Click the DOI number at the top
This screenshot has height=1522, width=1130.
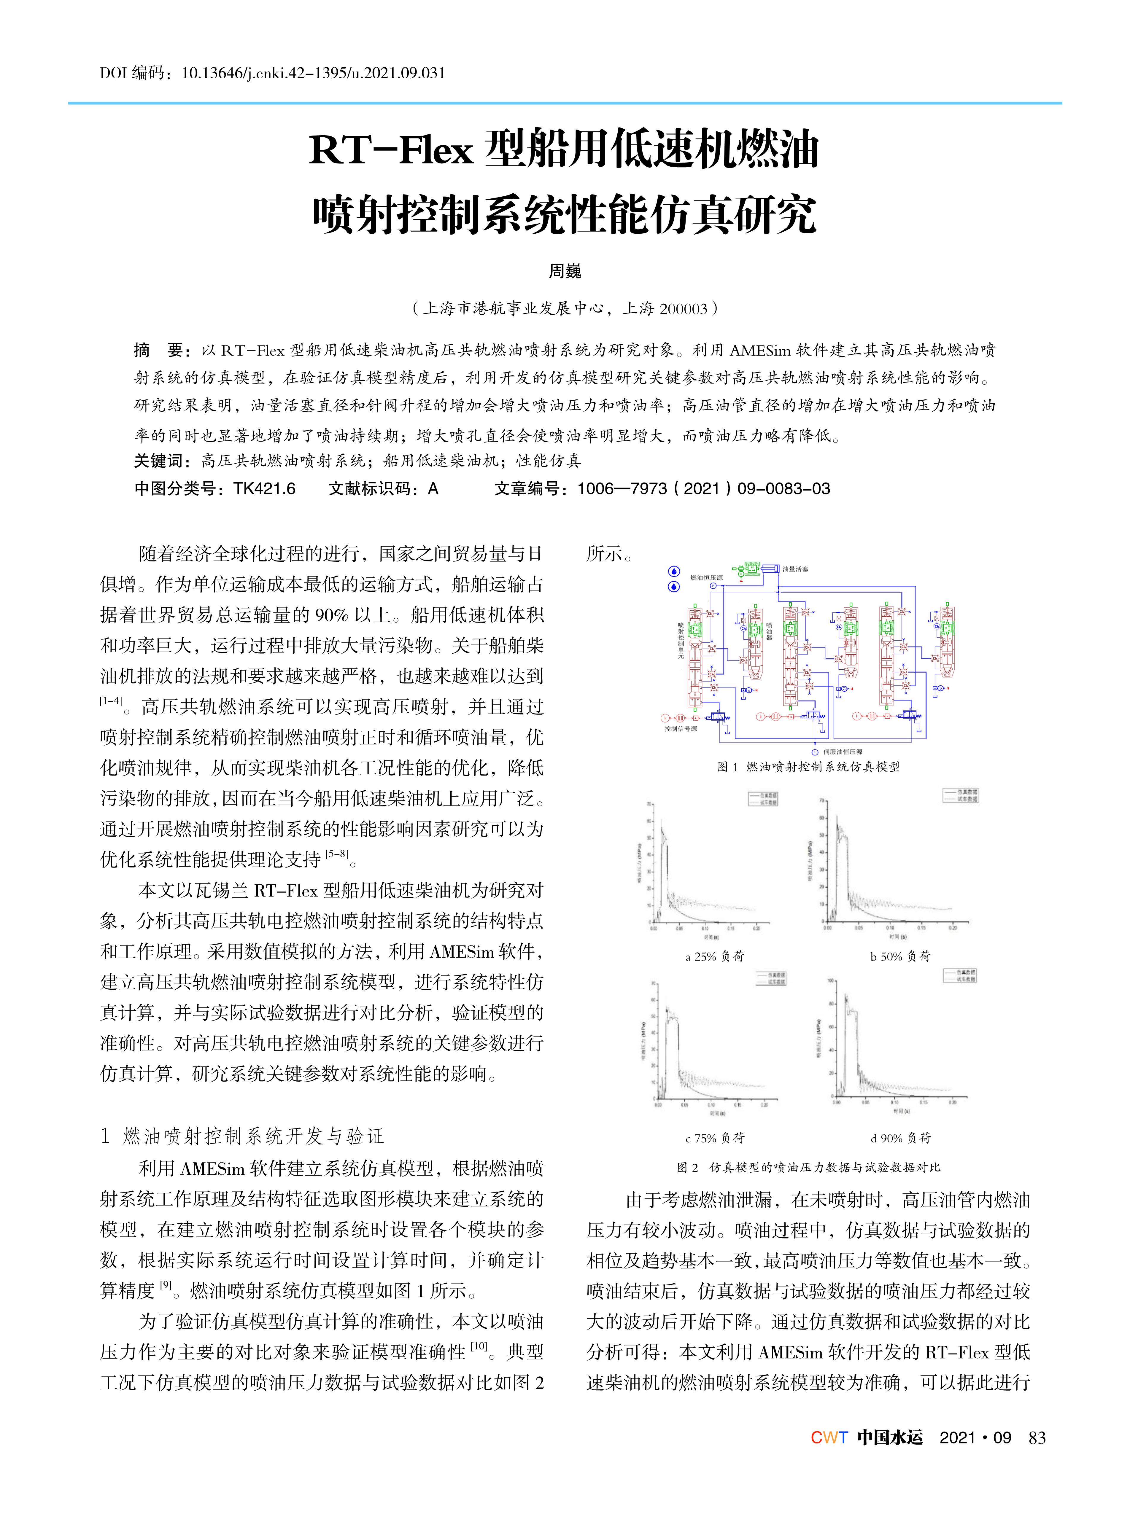coord(313,72)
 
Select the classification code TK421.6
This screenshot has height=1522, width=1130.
coord(264,488)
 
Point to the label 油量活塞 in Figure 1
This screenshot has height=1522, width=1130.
coord(795,569)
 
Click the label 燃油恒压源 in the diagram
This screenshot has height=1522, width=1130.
coord(706,578)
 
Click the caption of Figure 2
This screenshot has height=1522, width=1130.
coord(808,1167)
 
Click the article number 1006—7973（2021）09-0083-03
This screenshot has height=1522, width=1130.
coord(703,488)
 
